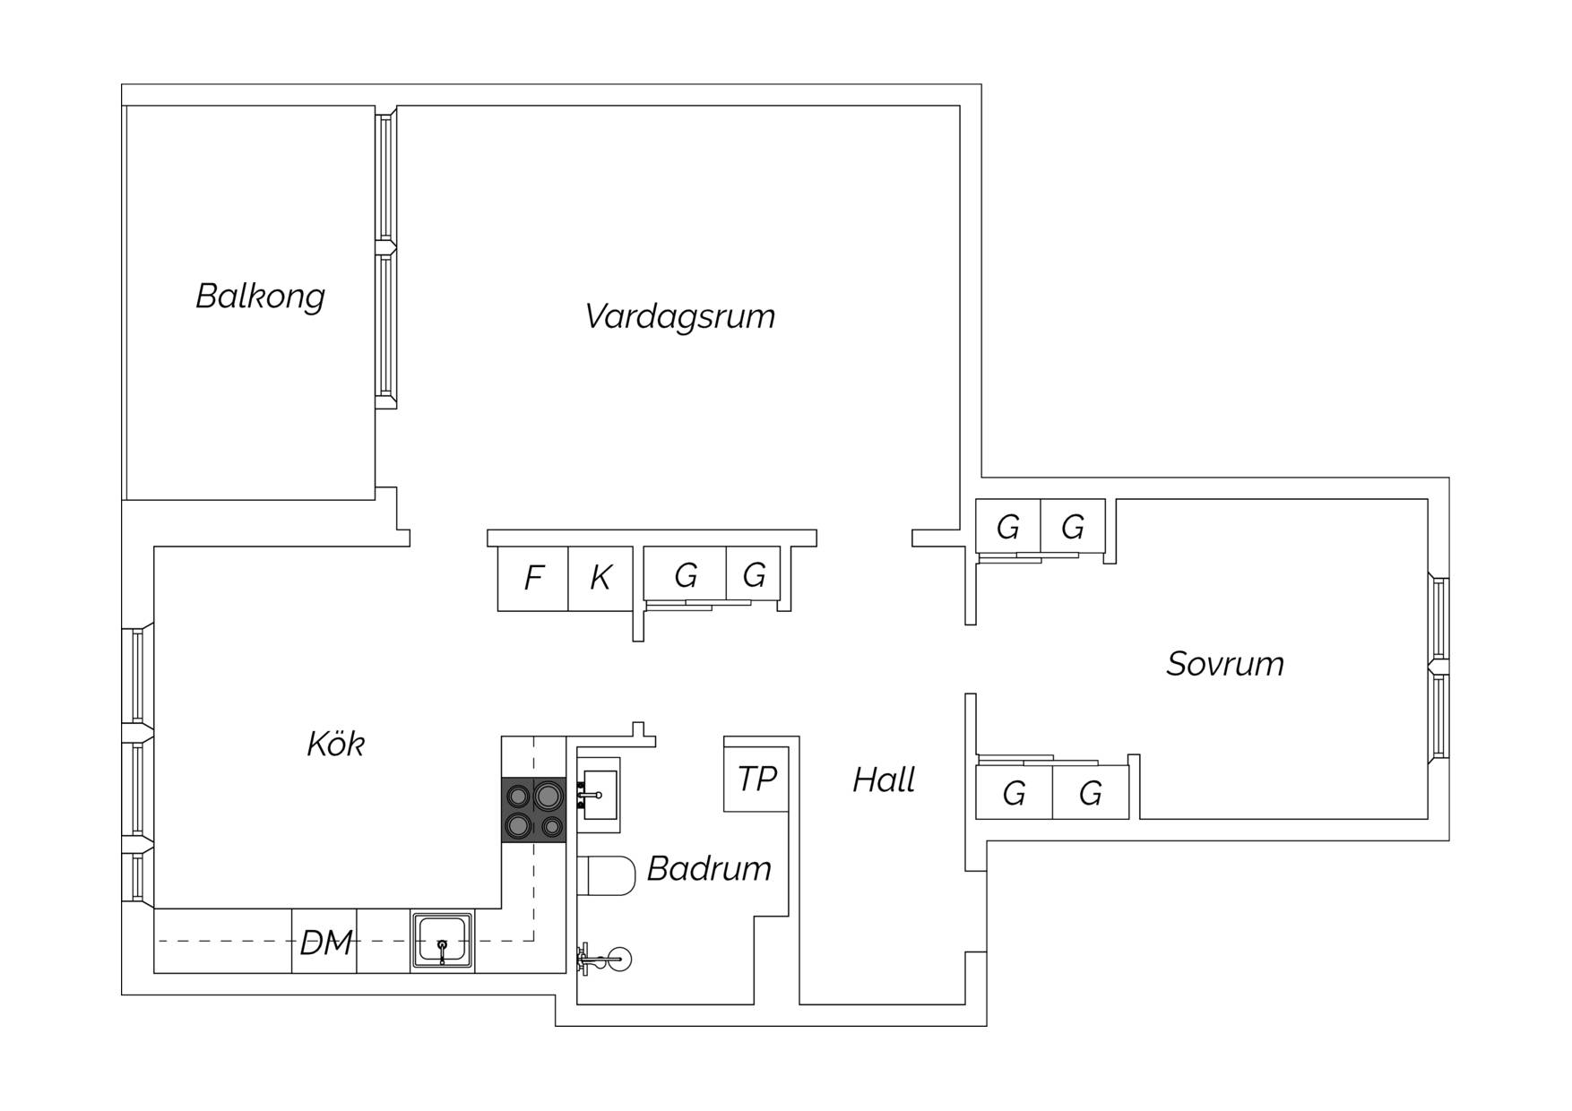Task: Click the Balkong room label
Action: [260, 296]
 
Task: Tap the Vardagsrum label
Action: [679, 316]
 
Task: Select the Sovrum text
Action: [1225, 664]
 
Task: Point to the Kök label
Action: [336, 744]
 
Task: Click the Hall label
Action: [884, 779]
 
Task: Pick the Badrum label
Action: [709, 868]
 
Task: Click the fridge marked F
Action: [533, 579]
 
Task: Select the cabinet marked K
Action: [601, 579]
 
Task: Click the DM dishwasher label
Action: [325, 942]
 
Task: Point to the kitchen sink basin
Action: [443, 941]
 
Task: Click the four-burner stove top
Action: [534, 810]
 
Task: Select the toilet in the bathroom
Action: [606, 874]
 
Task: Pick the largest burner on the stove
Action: [548, 794]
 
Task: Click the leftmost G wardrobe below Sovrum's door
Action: [1015, 793]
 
